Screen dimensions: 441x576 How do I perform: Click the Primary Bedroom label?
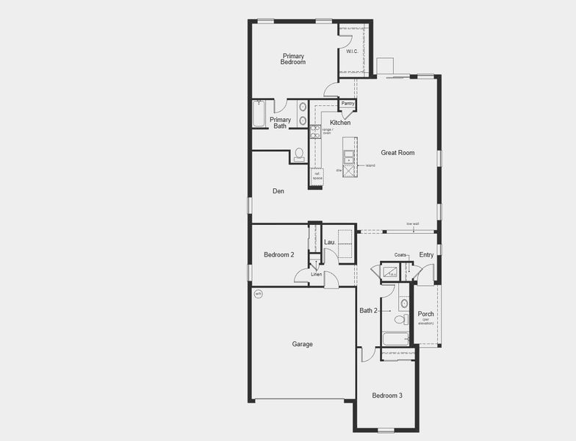293,59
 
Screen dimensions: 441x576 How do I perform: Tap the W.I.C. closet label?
351,51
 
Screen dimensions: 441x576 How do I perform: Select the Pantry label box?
348,104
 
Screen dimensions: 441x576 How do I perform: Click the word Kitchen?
340,123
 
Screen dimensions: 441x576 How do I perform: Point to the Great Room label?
397,153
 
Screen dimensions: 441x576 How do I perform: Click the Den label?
278,191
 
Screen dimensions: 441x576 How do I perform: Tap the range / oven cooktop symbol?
314,132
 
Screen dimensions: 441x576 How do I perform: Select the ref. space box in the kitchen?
317,176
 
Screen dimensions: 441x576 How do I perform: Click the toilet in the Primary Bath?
298,155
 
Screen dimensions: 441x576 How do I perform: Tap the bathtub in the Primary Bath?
258,115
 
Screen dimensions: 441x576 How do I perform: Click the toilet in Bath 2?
400,319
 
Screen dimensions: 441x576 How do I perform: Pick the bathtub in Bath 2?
396,339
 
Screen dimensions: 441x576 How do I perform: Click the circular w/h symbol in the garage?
258,294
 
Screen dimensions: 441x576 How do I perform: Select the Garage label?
302,344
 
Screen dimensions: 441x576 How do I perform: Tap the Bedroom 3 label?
386,395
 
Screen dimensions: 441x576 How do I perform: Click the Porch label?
426,315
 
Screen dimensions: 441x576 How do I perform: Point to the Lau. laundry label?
330,242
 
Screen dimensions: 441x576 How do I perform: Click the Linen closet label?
316,274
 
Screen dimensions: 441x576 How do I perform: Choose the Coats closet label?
400,255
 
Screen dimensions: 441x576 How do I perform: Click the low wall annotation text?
412,224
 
